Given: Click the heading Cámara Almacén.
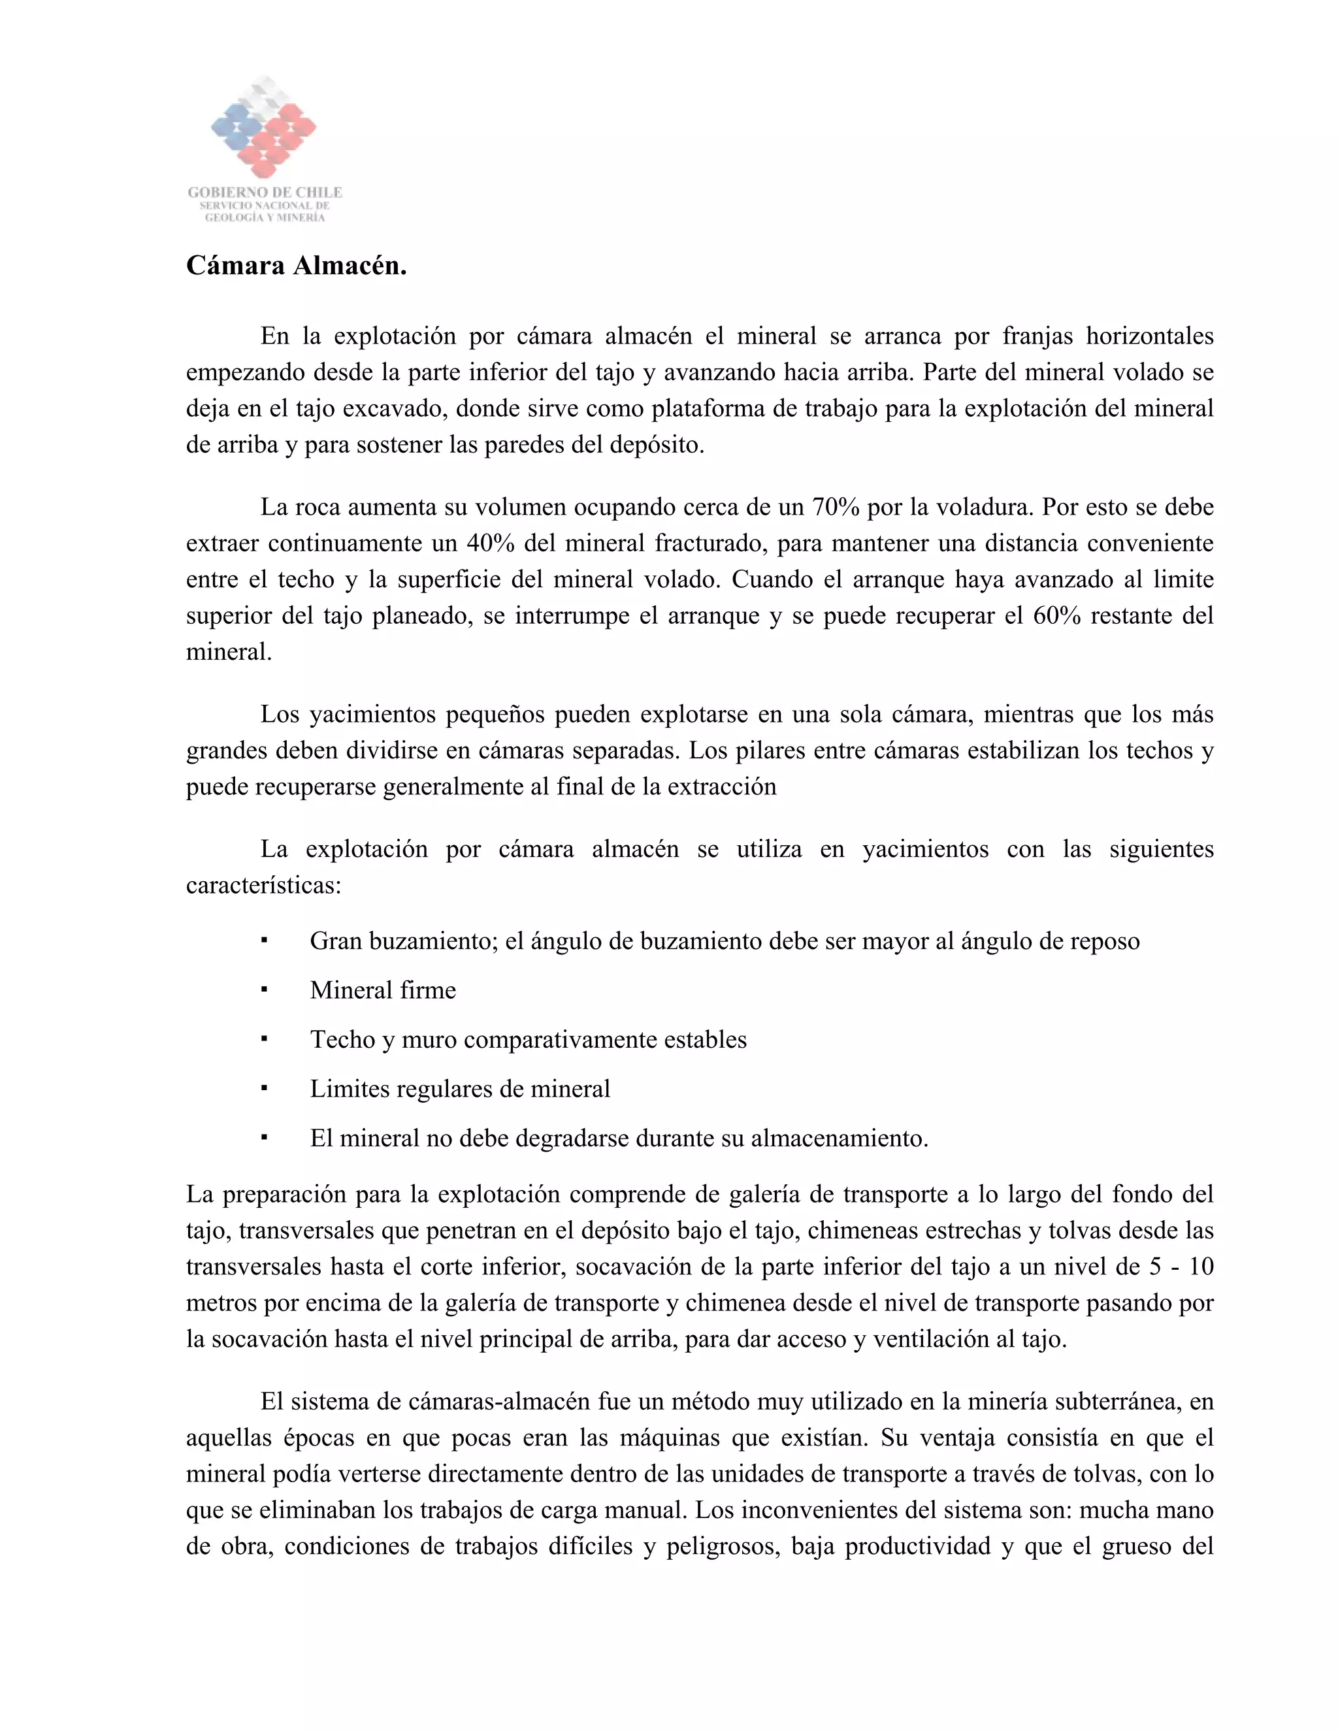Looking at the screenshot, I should point(297,265).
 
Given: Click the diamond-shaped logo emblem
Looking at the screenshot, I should point(264,127).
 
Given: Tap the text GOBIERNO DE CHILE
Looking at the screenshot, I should point(265,192).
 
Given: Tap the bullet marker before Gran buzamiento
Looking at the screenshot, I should point(264,941).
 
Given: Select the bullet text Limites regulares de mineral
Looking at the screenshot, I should point(460,1089).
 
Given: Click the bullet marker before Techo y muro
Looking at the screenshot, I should point(264,1039).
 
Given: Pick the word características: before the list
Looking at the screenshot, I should point(263,885).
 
